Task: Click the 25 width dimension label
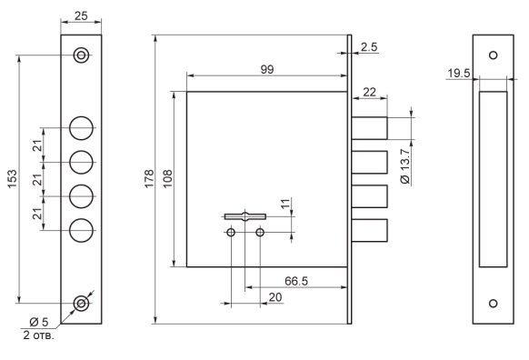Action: tap(81, 15)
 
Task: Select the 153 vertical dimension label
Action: tap(12, 179)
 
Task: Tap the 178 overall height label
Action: tap(149, 179)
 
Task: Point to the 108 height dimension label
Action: tap(167, 179)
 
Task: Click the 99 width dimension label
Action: tap(267, 69)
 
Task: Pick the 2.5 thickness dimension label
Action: tap(369, 47)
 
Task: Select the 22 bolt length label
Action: tap(369, 92)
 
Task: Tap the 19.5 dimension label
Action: tap(459, 74)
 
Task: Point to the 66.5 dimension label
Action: tap(296, 281)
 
